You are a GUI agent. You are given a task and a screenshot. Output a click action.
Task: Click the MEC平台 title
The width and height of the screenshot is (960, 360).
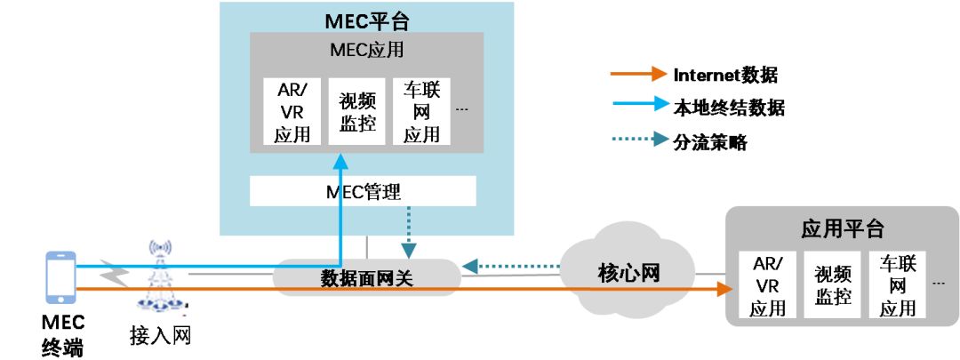point(367,20)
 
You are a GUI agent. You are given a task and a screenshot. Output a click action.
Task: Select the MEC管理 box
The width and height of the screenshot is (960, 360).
point(363,191)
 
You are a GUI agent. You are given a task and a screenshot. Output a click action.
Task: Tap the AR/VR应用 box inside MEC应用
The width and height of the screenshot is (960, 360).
point(292,112)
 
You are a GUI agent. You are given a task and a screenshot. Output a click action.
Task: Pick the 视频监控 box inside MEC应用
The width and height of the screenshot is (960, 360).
point(357,112)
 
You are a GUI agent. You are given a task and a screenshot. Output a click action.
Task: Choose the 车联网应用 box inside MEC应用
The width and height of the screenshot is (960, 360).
point(421,112)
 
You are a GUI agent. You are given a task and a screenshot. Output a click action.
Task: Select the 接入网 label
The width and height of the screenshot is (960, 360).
point(160,336)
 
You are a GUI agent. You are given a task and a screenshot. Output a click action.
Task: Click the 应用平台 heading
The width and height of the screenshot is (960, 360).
point(842,228)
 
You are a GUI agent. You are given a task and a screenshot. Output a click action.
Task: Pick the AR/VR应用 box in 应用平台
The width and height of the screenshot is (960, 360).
point(767,285)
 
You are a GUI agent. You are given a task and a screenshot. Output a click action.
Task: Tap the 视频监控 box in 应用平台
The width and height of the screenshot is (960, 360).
point(833,285)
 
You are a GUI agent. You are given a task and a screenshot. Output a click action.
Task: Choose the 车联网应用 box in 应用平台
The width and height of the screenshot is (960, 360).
point(898,285)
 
